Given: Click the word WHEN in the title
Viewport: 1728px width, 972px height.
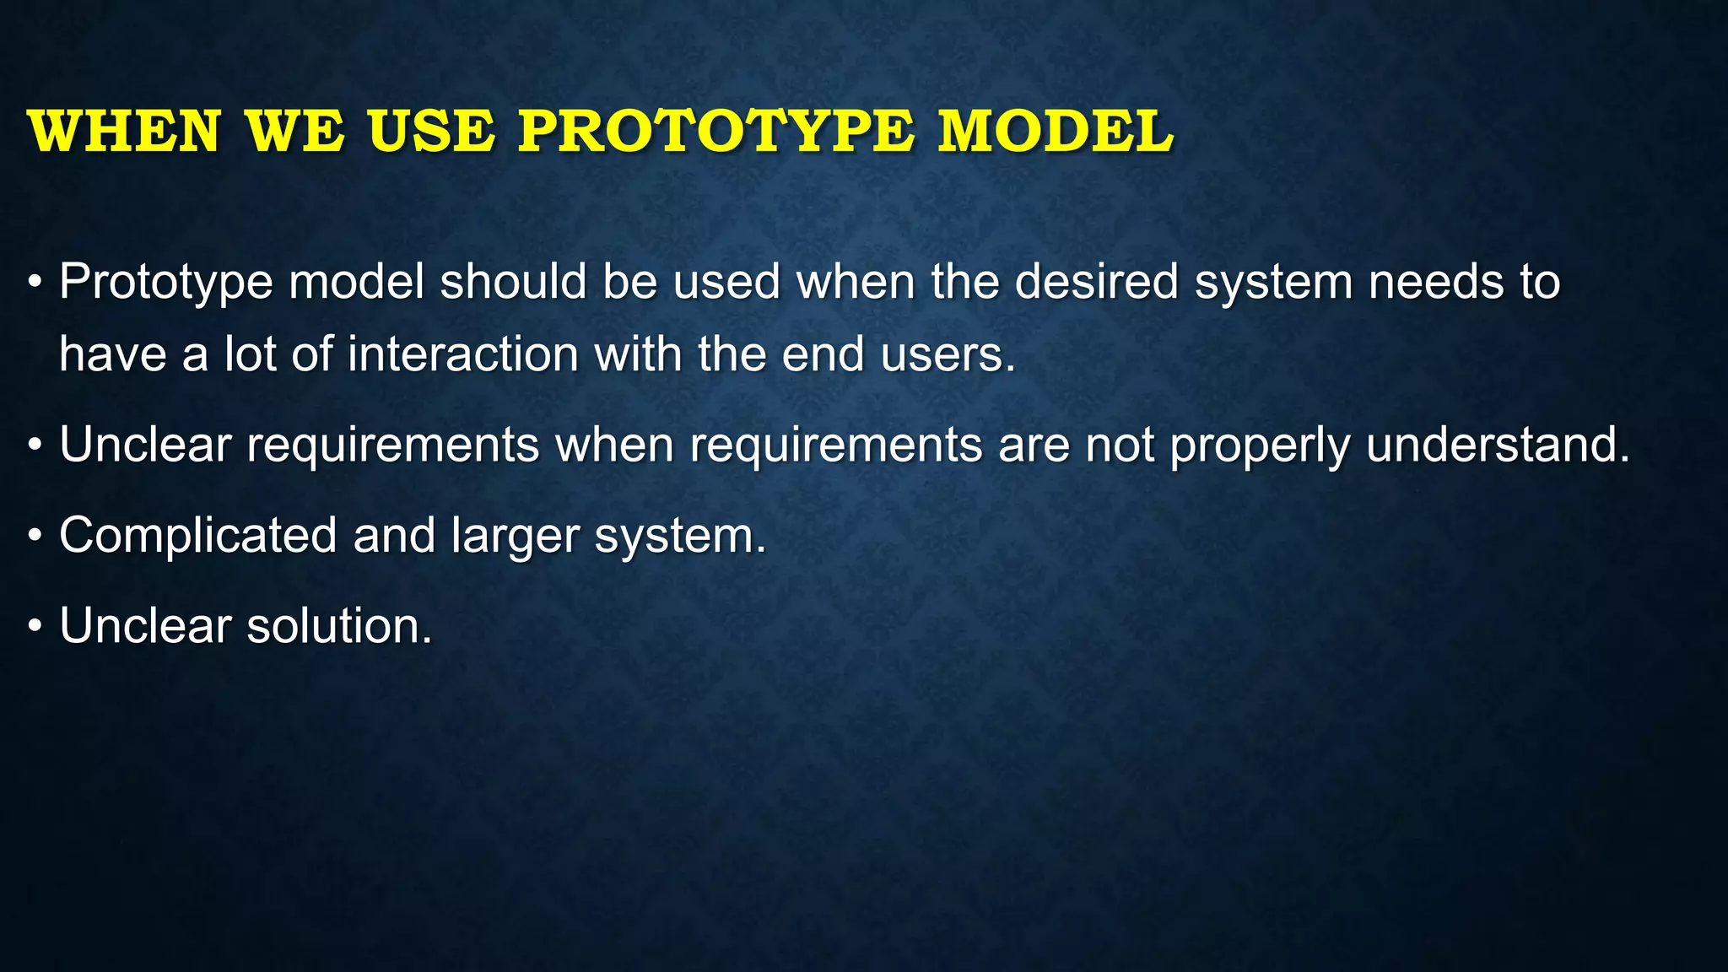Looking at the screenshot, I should pyautogui.click(x=124, y=132).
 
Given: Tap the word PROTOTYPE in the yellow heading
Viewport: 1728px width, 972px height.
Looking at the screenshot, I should pyautogui.click(x=715, y=132).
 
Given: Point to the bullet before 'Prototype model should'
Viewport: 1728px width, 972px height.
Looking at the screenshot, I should pyautogui.click(x=35, y=282).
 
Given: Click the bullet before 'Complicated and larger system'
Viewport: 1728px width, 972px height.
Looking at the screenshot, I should pyautogui.click(x=35, y=536).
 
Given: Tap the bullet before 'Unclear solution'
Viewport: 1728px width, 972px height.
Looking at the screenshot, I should pyautogui.click(x=35, y=627).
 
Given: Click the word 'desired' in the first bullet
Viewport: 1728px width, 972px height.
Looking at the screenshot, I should pyautogui.click(x=1096, y=282).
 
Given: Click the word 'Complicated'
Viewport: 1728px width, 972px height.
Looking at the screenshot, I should pyautogui.click(x=198, y=536).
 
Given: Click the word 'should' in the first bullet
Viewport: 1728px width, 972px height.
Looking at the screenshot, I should pyautogui.click(x=513, y=282).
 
